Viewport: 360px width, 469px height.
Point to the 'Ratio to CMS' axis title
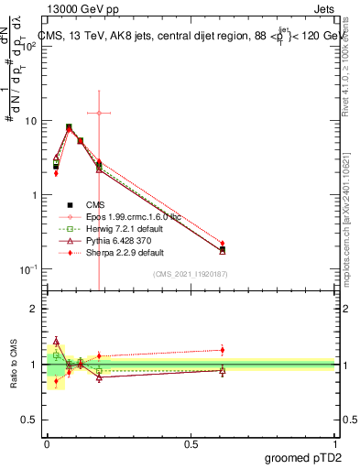point(13,364)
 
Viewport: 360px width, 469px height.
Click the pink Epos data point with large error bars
point(99,113)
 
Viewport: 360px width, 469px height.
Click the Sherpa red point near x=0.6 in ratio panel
point(223,349)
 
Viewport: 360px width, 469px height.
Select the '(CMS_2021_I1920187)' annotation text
point(190,273)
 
